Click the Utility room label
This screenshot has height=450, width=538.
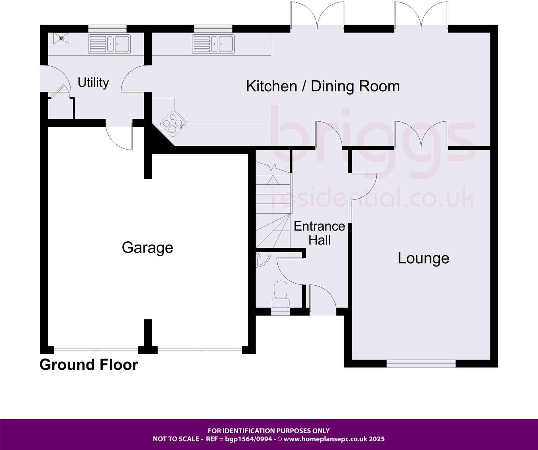click(93, 83)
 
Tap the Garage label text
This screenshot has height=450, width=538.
click(147, 248)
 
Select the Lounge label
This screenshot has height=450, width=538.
click(423, 258)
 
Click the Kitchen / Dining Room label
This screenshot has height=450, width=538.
click(323, 86)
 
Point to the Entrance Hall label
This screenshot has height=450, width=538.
click(319, 233)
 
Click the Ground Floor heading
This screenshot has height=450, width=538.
click(88, 365)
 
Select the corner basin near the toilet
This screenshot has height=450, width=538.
click(262, 259)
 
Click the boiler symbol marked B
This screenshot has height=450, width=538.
click(61, 38)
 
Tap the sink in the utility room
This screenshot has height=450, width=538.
click(109, 43)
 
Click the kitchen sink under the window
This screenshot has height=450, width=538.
click(213, 43)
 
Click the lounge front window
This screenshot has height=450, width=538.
click(421, 363)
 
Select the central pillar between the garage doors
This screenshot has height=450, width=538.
click(148, 337)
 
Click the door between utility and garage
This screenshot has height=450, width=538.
click(120, 136)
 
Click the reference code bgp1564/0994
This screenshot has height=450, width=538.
click(249, 439)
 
